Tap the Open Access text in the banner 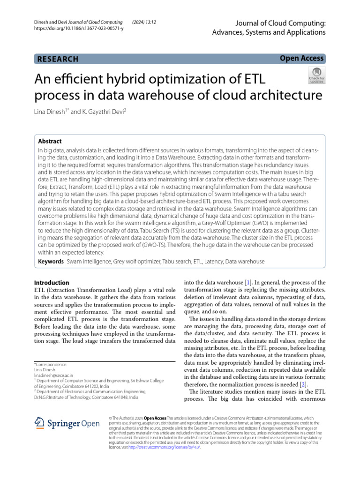pyautogui.click(x=301, y=58)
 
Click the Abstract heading pyautogui.click(x=49, y=141)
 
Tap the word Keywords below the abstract pyautogui.click(x=51, y=261)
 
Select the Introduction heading pyautogui.click(x=52, y=283)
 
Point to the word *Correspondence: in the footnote pyautogui.click(x=51, y=364)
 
